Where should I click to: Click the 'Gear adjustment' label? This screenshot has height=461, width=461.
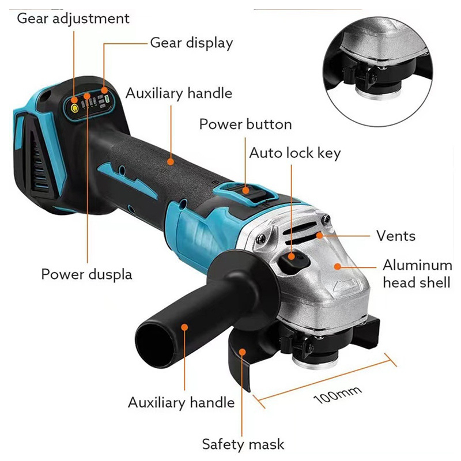click(x=73, y=19)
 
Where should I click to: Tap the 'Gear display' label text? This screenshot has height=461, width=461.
click(x=191, y=43)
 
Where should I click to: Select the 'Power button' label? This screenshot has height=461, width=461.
click(x=245, y=124)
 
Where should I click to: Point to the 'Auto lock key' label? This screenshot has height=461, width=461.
click(x=295, y=153)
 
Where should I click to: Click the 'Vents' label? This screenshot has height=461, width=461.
click(x=396, y=236)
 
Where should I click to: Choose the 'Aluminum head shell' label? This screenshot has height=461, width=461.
click(x=417, y=274)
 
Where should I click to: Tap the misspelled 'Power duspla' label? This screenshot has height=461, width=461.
click(x=86, y=275)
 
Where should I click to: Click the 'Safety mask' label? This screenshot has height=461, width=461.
click(x=243, y=444)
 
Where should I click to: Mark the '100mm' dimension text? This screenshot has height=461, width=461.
click(x=338, y=395)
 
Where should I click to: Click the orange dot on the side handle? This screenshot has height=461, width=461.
click(x=184, y=327)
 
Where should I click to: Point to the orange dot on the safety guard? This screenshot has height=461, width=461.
click(x=242, y=352)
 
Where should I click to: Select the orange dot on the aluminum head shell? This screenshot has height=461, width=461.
click(x=338, y=266)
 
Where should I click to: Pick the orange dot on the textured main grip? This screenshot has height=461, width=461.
click(x=171, y=161)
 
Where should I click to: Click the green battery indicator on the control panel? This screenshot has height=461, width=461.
click(x=107, y=99)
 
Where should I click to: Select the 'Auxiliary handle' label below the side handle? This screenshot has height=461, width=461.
click(x=181, y=402)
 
